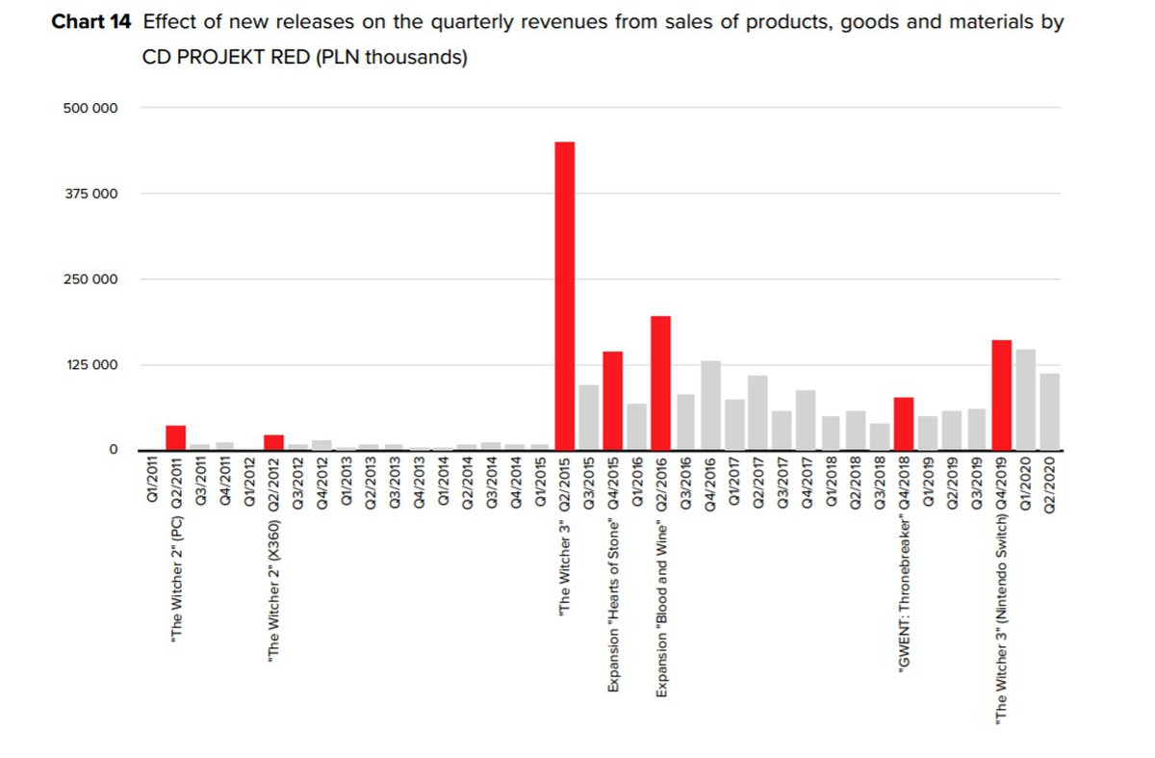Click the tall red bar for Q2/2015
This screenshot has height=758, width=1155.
pyautogui.click(x=564, y=296)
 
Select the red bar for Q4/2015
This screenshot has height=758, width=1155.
pyautogui.click(x=612, y=401)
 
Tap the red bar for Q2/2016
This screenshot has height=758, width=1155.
pyautogui.click(x=660, y=382)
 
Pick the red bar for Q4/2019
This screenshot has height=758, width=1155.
pyautogui.click(x=1001, y=395)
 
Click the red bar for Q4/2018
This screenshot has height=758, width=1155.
pyautogui.click(x=903, y=424)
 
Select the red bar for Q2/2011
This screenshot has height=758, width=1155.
pyautogui.click(x=175, y=437)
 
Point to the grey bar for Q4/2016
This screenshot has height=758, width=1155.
pyautogui.click(x=710, y=405)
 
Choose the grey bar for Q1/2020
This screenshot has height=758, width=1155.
pyautogui.click(x=1025, y=399)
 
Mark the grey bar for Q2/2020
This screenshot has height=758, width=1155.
pyautogui.click(x=1049, y=411)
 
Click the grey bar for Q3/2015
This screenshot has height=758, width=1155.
pyautogui.click(x=588, y=417)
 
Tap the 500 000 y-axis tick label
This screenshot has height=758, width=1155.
pyautogui.click(x=90, y=108)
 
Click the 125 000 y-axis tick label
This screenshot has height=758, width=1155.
pyautogui.click(x=90, y=364)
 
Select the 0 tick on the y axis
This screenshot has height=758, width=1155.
pyautogui.click(x=113, y=450)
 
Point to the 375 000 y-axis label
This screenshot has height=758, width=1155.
pyautogui.click(x=90, y=194)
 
